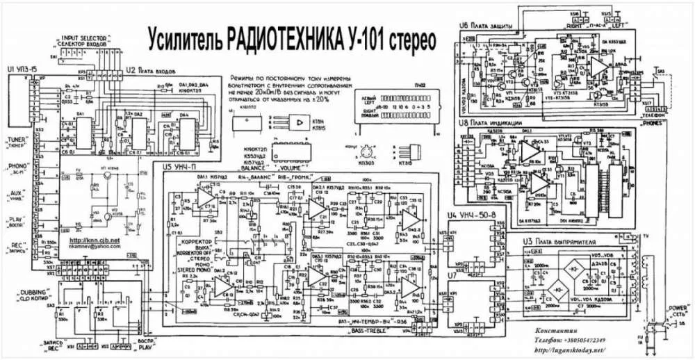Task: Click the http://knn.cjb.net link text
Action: pyautogui.click(x=95, y=240)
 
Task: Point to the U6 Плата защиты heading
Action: pyautogui.click(x=486, y=25)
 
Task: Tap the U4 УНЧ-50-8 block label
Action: pyautogui.click(x=472, y=216)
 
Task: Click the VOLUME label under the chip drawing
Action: pyautogui.click(x=296, y=167)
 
